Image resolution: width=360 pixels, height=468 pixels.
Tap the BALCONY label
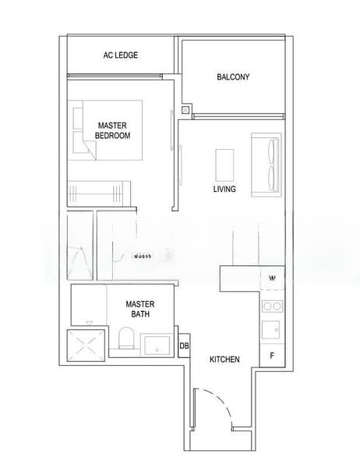pyautogui.click(x=233, y=76)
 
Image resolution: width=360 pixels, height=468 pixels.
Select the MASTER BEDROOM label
pyautogui.click(x=113, y=129)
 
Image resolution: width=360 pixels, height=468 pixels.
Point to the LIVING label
pyautogui.click(x=224, y=189)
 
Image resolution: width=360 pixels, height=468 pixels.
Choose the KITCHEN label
pyautogui.click(x=224, y=359)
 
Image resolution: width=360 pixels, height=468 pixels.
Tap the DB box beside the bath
pyautogui.click(x=185, y=346)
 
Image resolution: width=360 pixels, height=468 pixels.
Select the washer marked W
pyautogui.click(x=272, y=278)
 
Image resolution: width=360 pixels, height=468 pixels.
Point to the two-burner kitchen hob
pyautogui.click(x=272, y=304)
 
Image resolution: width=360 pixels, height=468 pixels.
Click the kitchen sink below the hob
pyautogui.click(x=272, y=331)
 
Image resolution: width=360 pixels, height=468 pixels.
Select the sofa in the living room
pyautogui.click(x=263, y=163)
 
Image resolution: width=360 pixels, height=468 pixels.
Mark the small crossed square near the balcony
pyautogui.click(x=185, y=111)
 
